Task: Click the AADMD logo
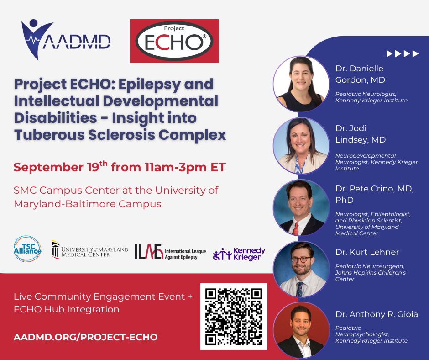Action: click(66, 40)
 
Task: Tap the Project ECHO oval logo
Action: click(174, 41)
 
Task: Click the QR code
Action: click(234, 317)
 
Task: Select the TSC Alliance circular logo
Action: click(28, 249)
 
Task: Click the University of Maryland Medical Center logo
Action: click(90, 249)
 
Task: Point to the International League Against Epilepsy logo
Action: click(170, 252)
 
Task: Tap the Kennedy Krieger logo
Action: click(239, 254)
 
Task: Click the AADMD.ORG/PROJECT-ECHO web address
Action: click(86, 337)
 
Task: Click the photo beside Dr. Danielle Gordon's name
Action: click(301, 84)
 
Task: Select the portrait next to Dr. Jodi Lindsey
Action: click(301, 146)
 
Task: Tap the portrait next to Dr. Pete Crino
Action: click(301, 208)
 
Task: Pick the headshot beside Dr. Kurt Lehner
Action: click(301, 270)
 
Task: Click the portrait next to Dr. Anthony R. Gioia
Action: click(301, 330)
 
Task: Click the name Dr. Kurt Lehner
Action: click(367, 252)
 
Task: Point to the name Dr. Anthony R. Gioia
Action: click(377, 314)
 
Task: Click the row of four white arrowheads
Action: click(403, 54)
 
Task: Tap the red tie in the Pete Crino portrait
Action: click(295, 228)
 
